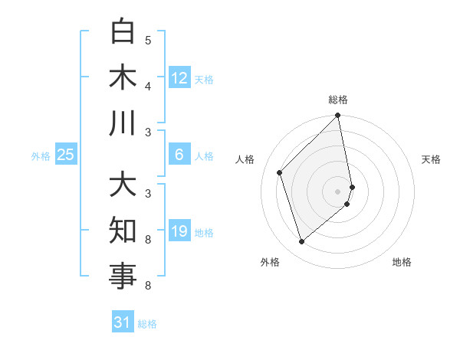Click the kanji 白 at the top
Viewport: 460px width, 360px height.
(123, 32)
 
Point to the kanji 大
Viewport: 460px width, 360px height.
(123, 186)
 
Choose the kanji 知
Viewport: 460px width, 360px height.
(123, 231)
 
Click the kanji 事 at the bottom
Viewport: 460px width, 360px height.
(123, 277)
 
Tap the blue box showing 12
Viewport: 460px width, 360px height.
(179, 77)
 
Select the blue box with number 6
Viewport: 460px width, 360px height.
(179, 155)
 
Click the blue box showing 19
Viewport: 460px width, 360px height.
(179, 231)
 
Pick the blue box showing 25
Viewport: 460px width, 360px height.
(66, 155)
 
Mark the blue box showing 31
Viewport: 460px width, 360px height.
(123, 322)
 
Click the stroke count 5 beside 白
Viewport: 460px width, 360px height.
(148, 40)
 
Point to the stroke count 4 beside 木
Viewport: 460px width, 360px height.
(148, 86)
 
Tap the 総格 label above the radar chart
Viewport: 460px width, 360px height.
(338, 100)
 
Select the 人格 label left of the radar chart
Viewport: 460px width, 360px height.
(245, 159)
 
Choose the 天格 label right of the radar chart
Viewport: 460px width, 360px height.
(431, 159)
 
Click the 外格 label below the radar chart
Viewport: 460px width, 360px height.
(270, 262)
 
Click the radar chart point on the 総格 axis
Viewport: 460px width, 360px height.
(338, 116)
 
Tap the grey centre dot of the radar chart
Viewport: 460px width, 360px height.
(338, 191)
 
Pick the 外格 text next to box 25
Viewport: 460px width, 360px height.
(41, 155)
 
